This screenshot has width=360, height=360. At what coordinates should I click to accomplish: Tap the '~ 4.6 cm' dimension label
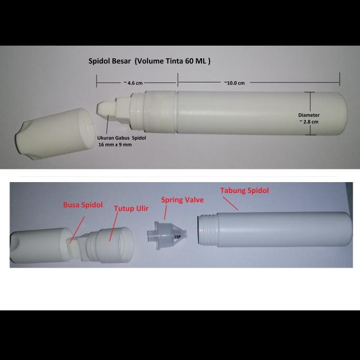tap(132, 82)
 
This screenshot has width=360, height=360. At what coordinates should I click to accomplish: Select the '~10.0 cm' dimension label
tap(234, 82)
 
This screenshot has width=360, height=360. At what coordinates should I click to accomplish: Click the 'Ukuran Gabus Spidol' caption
tap(121, 138)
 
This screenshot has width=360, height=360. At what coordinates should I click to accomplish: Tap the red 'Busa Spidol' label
tap(83, 205)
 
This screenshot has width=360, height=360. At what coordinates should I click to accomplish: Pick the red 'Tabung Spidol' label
tap(244, 190)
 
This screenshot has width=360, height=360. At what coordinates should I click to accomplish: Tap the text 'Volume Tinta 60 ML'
tap(172, 61)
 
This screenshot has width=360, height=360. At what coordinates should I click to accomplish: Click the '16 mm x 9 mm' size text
tap(115, 144)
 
